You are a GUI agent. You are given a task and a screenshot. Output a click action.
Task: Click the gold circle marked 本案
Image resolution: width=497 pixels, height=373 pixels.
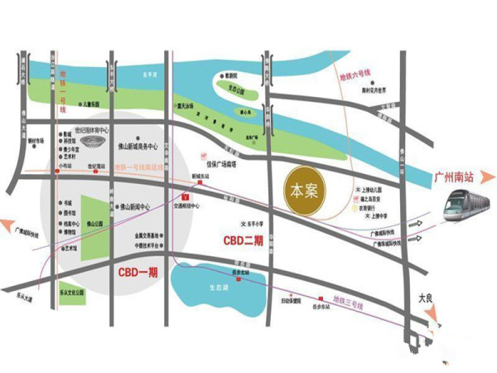point(299,190)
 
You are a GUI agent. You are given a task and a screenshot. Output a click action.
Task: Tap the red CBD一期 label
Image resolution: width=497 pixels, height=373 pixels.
point(136,272)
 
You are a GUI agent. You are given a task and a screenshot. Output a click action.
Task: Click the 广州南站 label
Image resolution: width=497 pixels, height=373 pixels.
point(456,176)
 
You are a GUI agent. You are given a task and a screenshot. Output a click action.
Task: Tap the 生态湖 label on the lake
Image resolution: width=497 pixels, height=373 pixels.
point(219,287)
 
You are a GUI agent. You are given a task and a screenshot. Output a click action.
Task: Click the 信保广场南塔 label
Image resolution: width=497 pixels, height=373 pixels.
point(222,163)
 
